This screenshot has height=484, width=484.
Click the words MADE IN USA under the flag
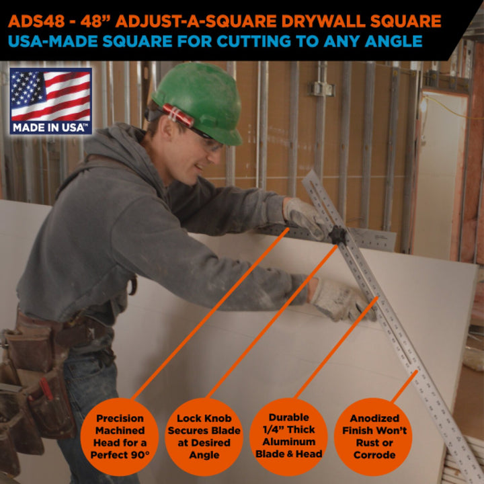[x=50, y=126]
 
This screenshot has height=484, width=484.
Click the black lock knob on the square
[x=337, y=235]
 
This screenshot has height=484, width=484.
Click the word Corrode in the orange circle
[x=374, y=454]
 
